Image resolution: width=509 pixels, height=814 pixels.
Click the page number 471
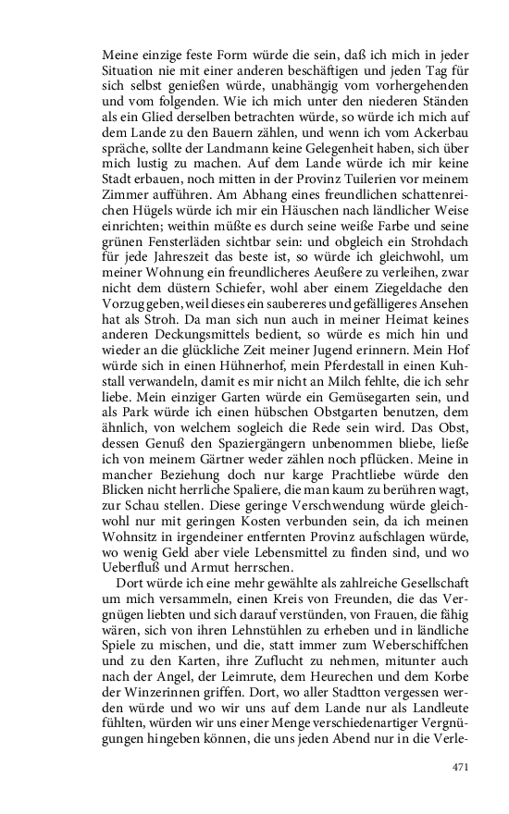(x=462, y=765)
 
